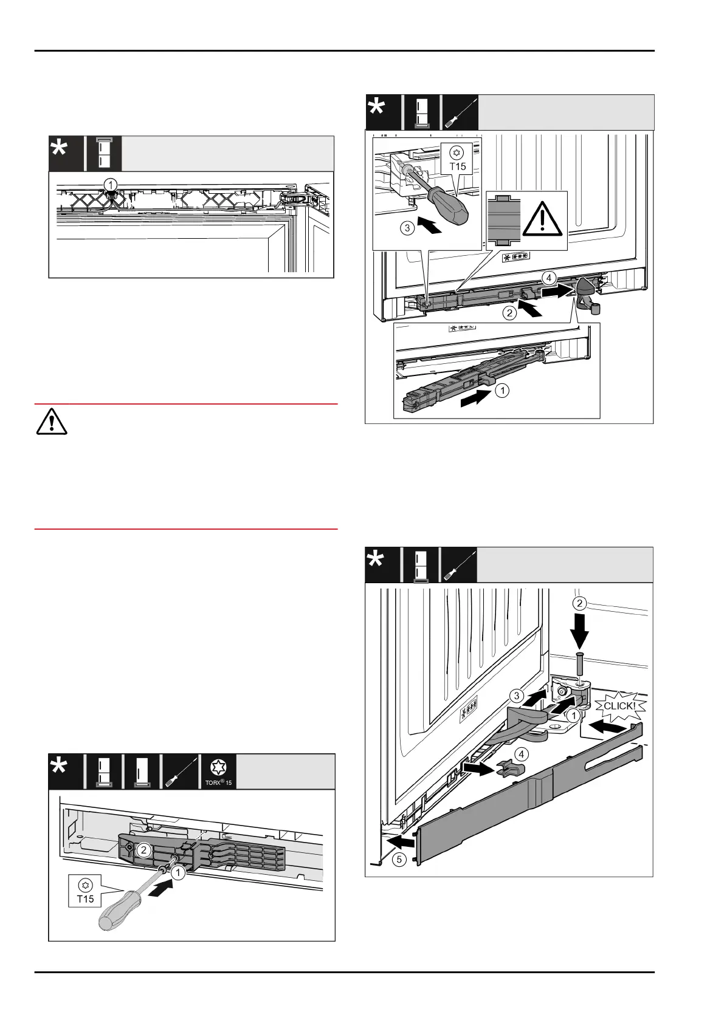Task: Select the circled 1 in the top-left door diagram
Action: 110,183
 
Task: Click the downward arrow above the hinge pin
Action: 580,632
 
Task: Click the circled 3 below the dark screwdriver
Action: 408,228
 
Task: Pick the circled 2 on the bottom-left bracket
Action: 143,850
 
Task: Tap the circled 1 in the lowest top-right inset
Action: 502,391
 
